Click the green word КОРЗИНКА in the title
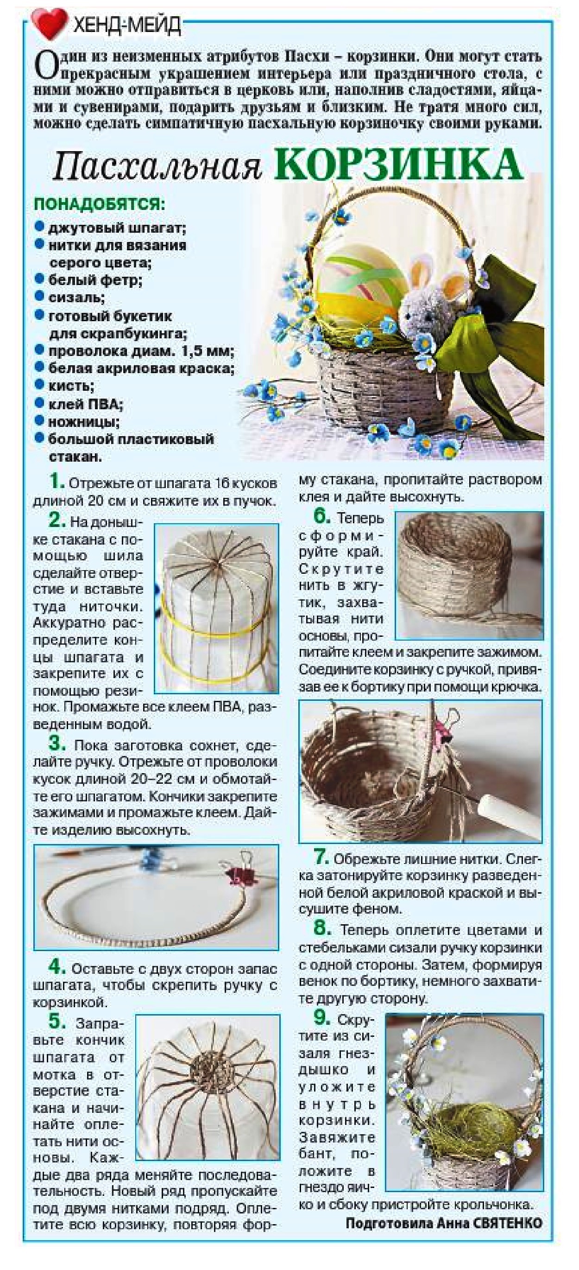(x=398, y=163)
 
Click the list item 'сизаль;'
(x=76, y=297)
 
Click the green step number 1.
(x=57, y=482)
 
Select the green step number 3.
(x=57, y=746)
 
